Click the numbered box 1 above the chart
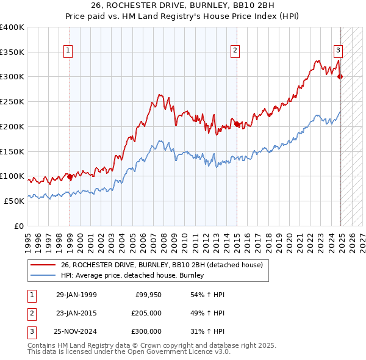tap(67, 51)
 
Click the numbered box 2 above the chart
tap(235, 51)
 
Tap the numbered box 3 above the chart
tap(338, 51)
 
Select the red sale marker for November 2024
tap(340, 76)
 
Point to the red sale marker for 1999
tap(70, 176)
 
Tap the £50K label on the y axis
tap(14, 201)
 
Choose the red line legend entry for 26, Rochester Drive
tap(162, 265)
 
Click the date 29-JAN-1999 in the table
tap(76, 295)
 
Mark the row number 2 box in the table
tap(30, 313)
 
